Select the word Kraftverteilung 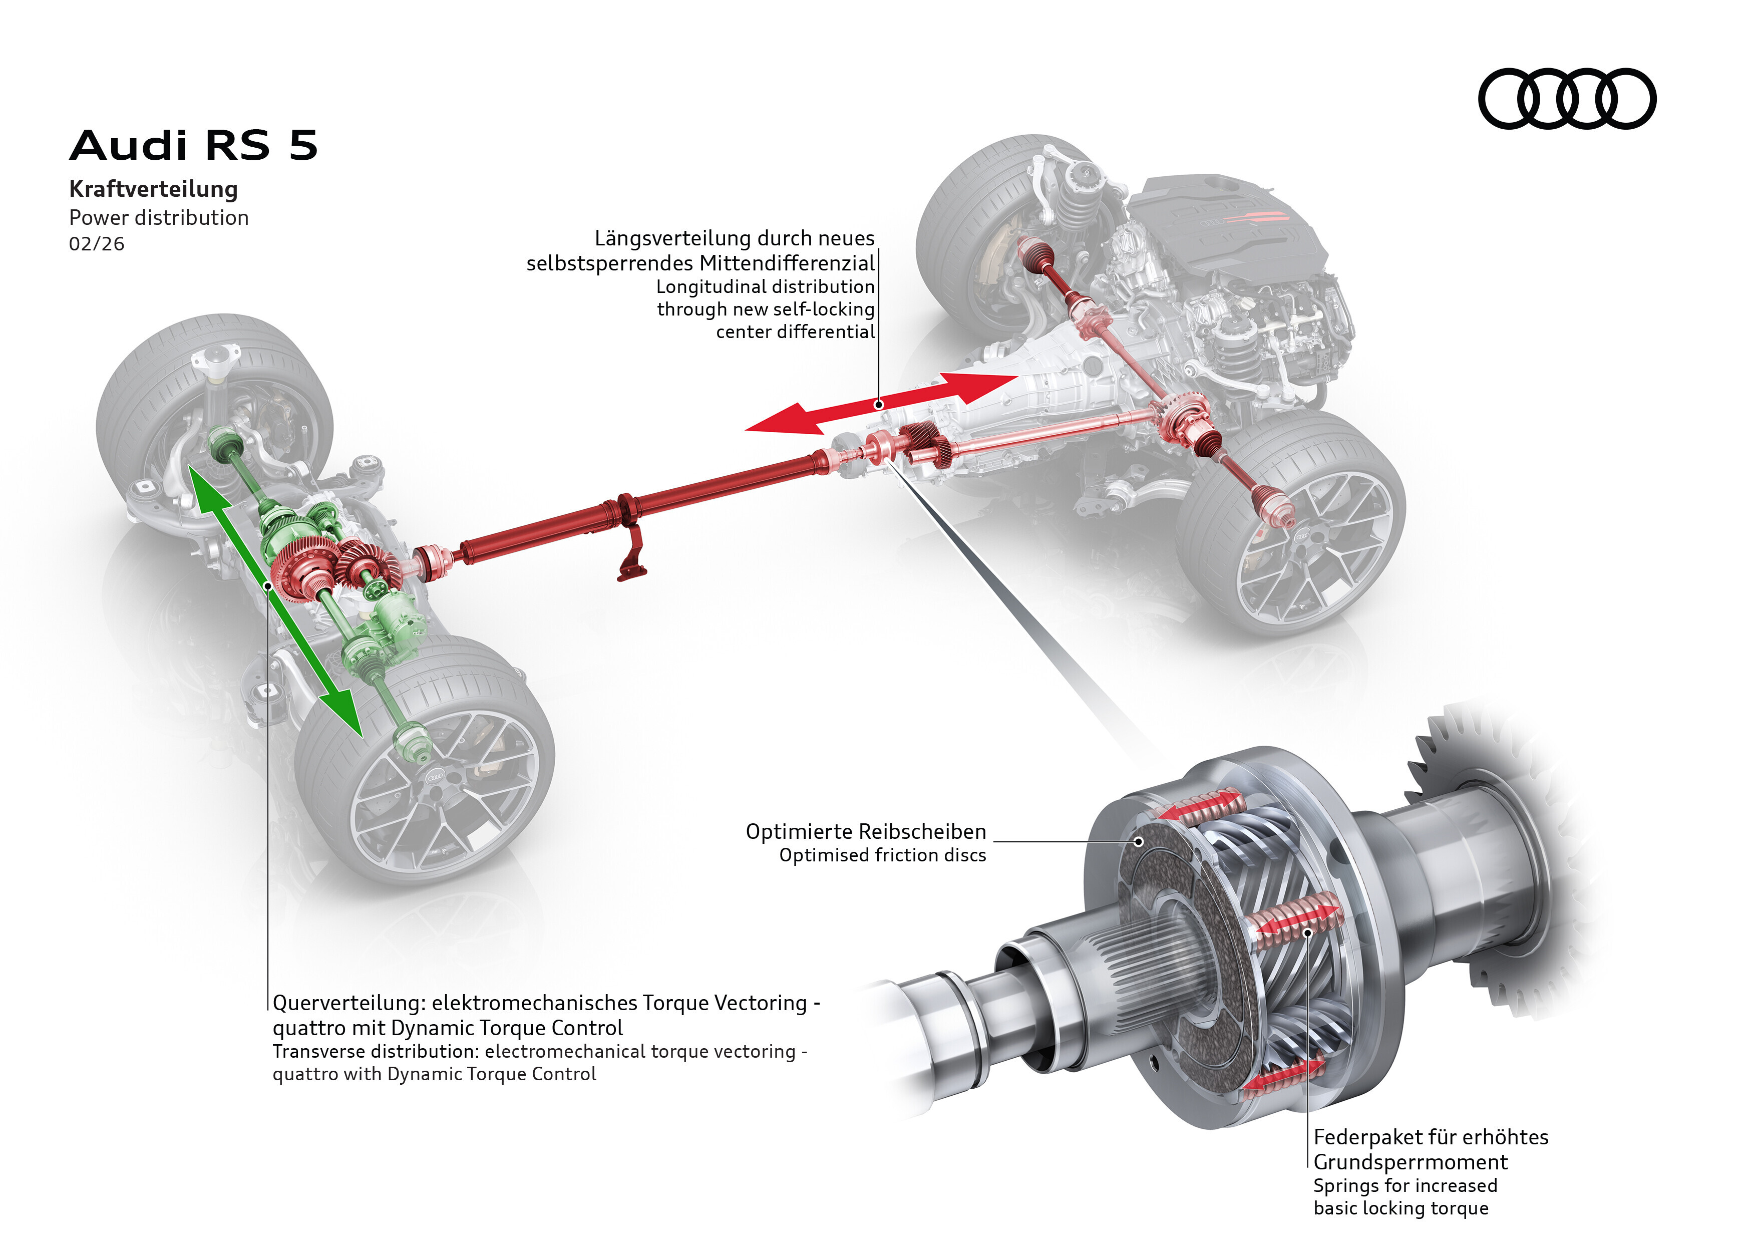pos(153,189)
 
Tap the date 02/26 pos(96,244)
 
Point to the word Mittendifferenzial pos(787,263)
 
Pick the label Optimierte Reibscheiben pos(865,832)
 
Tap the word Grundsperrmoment pos(1410,1162)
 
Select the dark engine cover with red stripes pos(1224,222)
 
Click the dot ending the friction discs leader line pos(1139,841)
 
